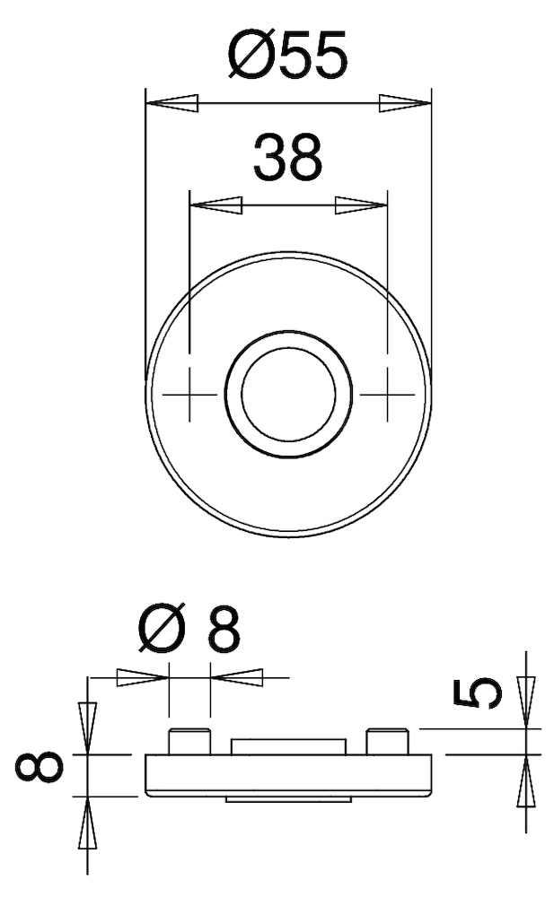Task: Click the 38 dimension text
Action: coord(286,158)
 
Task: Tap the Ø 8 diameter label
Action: coord(189,632)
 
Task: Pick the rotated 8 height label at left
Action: coord(38,768)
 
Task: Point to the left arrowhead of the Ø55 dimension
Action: coord(171,103)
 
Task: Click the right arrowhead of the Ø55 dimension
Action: coord(404,103)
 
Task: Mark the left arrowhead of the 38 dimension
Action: coord(215,206)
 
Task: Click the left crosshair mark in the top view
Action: coord(189,394)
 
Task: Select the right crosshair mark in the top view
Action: coord(386,394)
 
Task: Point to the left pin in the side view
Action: coord(189,742)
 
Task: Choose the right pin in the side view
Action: coord(387,742)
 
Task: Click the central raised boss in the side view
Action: coord(287,746)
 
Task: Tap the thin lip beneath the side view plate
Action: coord(287,798)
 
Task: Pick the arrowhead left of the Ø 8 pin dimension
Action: coord(143,676)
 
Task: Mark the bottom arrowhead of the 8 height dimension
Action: coord(87,822)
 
